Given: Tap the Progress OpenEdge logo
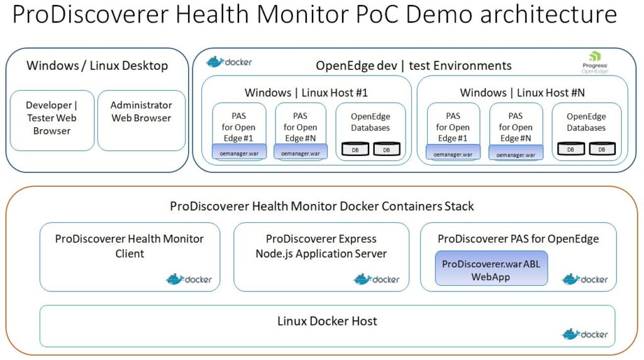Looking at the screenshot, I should coord(594,63).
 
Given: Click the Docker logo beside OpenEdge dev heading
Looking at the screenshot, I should coord(230,62).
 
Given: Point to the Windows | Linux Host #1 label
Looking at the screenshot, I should coord(306,93).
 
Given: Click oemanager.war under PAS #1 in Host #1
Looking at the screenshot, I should coord(239,153).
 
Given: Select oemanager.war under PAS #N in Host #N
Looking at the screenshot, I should coord(515,154).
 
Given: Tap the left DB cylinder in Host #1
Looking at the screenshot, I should coord(355,150).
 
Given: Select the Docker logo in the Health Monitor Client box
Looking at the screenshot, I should coord(189,279).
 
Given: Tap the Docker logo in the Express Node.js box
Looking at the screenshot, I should coord(377,279).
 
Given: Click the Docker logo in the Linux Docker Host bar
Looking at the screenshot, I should coord(585,334).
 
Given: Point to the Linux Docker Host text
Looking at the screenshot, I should coord(327,321).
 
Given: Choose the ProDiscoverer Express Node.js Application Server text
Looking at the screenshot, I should coord(321,246).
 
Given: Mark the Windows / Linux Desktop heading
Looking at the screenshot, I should coord(97,65).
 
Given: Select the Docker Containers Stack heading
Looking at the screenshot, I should coord(321,206).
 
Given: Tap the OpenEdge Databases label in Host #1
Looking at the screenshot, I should coord(370,122).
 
